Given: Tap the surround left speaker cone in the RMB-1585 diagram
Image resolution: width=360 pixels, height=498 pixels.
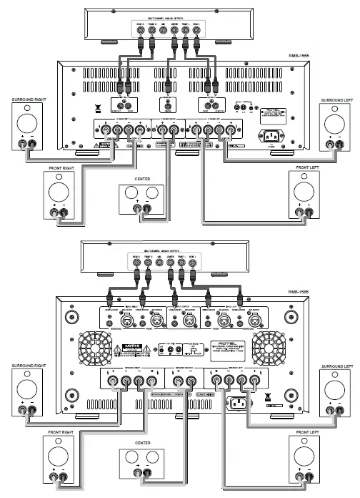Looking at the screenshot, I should tap(335, 390).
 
